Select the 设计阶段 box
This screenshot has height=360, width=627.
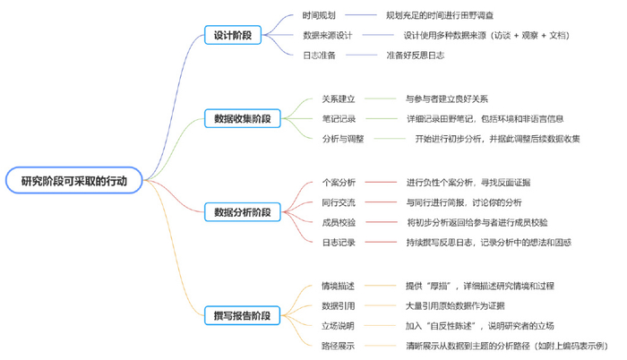coord(232,35)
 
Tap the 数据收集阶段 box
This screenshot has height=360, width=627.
coord(243,117)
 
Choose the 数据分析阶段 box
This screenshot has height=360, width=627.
coord(243,212)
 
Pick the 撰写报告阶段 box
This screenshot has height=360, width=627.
coord(243,315)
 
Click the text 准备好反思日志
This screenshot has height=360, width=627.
coord(415,55)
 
